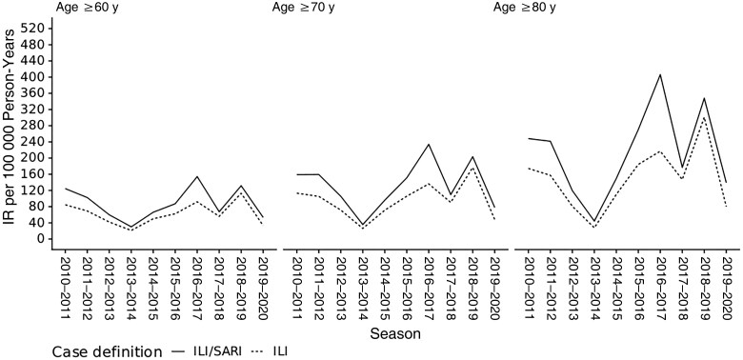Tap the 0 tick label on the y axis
pyautogui.click(x=42, y=239)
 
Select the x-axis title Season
pyautogui.click(x=395, y=334)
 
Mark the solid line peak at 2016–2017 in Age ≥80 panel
pyautogui.click(x=659, y=74)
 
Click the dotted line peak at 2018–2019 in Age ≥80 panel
pyautogui.click(x=704, y=117)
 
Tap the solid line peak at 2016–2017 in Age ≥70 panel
pyautogui.click(x=429, y=145)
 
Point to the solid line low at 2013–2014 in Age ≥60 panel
pyautogui.click(x=131, y=227)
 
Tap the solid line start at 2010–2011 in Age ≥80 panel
pyautogui.click(x=529, y=138)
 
